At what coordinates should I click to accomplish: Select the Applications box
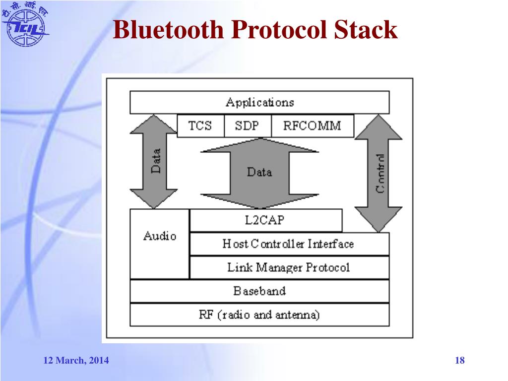pos(259,103)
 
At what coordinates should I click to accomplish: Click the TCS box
pos(200,126)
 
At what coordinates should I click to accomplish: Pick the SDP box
pos(247,126)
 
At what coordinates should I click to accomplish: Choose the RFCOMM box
pos(312,126)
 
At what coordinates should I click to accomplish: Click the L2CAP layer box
pos(265,220)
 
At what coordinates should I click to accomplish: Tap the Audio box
pos(159,243)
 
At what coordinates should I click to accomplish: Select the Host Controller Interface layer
pos(289,244)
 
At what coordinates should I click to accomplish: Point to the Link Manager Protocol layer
pos(289,267)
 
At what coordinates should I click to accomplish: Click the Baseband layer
pos(259,291)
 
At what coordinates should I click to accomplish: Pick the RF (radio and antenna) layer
pos(259,315)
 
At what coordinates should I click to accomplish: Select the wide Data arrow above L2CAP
pos(259,172)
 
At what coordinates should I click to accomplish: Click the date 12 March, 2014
pos(76,361)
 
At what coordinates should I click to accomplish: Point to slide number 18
pos(460,361)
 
